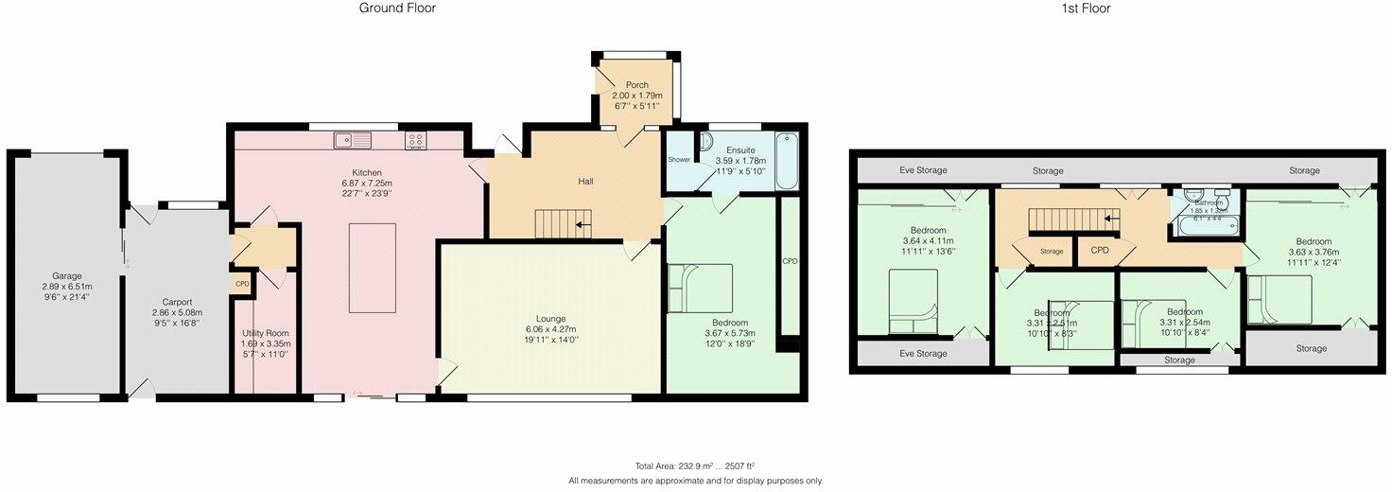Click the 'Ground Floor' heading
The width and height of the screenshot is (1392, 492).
tap(397, 9)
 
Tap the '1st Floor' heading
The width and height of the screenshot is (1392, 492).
tap(1085, 9)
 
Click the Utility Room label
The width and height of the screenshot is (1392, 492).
tap(265, 333)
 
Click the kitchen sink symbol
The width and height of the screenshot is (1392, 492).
tap(352, 141)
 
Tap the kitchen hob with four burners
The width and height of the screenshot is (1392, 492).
tap(416, 141)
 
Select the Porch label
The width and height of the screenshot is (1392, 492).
tap(637, 84)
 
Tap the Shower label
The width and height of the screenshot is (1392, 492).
tap(679, 160)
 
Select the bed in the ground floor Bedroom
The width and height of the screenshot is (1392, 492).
tap(700, 288)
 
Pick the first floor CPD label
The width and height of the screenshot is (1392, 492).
tap(1100, 251)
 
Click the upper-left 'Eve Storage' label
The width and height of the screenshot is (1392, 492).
tap(916, 170)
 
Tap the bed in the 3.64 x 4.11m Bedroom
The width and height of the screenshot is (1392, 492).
tap(913, 302)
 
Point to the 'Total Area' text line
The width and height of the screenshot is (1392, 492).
tap(695, 466)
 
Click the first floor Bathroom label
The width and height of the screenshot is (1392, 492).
tap(1209, 202)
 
